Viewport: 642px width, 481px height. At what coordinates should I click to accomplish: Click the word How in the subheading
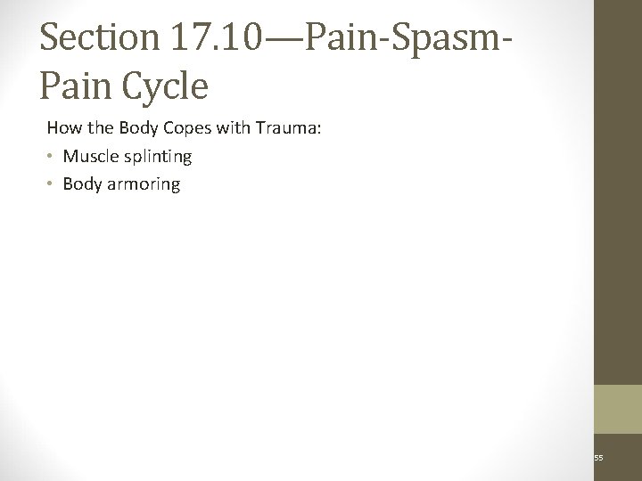pos(62,129)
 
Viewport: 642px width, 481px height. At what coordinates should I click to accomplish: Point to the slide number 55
pos(599,458)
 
